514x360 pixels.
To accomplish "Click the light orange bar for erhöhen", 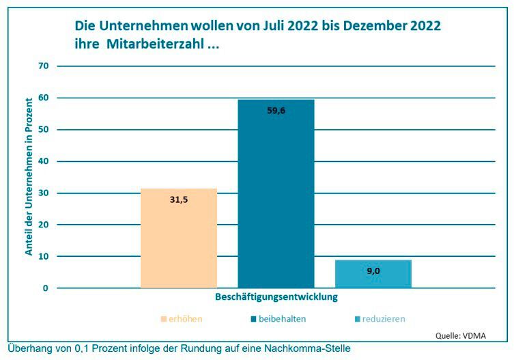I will (x=179, y=239).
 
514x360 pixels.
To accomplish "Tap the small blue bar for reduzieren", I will (x=373, y=275).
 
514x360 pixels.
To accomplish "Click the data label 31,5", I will (x=180, y=200).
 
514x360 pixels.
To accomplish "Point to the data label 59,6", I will (x=276, y=110).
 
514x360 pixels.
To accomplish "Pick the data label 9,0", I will (x=373, y=271).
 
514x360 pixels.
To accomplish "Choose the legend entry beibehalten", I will (x=278, y=318).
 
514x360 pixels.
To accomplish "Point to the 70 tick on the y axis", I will (x=44, y=66).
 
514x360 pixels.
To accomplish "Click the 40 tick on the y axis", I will (x=44, y=161).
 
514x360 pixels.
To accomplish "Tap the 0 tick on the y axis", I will (x=46, y=288).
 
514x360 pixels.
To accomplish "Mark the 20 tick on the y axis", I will (x=44, y=225).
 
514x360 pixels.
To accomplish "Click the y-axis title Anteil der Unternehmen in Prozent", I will (x=29, y=176).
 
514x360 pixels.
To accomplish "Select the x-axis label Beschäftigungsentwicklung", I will (x=276, y=297).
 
